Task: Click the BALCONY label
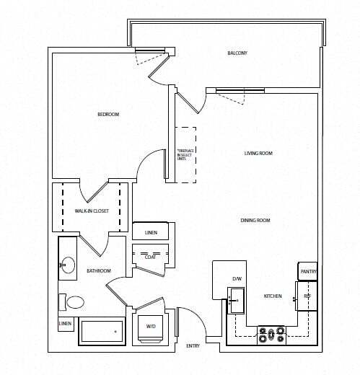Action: (x=238, y=53)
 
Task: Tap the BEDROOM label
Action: (x=108, y=115)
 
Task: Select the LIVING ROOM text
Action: (x=258, y=153)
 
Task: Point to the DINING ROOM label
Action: (x=255, y=220)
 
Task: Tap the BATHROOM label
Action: (x=99, y=271)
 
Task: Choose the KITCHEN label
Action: (x=272, y=296)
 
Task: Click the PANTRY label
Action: (x=308, y=273)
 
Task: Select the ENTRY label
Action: (x=193, y=346)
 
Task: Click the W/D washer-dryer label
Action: (x=152, y=325)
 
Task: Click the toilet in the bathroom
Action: (x=73, y=302)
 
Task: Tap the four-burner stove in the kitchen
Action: (x=272, y=334)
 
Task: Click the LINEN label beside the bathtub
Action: (x=64, y=325)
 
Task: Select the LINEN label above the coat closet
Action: (x=151, y=232)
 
